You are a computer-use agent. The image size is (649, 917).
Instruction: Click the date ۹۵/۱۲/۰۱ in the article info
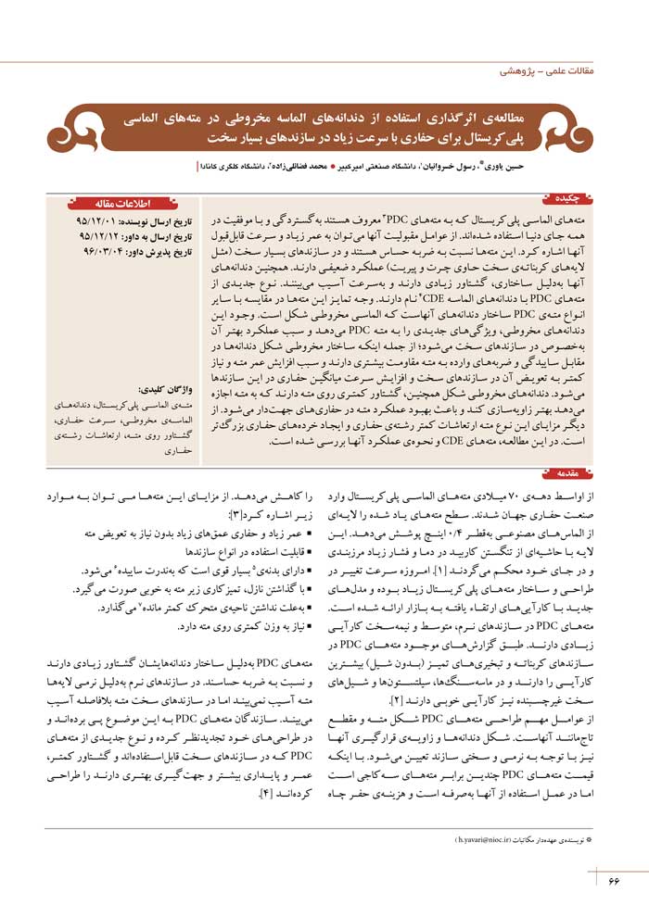point(95,223)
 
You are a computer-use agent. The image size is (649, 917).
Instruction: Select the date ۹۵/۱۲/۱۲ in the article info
point(98,237)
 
